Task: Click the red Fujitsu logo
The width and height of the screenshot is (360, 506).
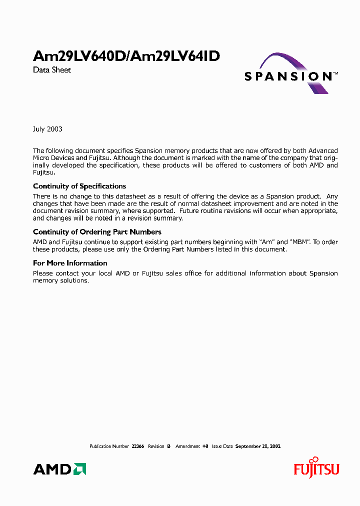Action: (316, 468)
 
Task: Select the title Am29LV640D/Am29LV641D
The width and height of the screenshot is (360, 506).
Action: (126, 56)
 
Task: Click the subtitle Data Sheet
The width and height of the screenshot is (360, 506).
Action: (52, 70)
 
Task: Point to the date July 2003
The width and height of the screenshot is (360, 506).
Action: (47, 129)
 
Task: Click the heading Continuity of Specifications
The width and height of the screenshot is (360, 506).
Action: (79, 186)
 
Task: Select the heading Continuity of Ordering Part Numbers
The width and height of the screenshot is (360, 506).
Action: (97, 232)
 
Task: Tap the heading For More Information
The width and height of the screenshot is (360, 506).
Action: (70, 263)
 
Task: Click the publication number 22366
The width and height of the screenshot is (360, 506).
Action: (137, 446)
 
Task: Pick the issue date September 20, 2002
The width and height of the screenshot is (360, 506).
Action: (258, 446)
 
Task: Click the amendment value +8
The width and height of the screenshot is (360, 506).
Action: (205, 446)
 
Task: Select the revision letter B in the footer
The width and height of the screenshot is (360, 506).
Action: (169, 446)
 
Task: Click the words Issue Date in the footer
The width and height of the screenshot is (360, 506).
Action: (222, 446)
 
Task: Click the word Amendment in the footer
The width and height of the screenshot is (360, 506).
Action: (188, 446)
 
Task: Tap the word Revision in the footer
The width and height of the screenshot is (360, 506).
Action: (156, 446)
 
